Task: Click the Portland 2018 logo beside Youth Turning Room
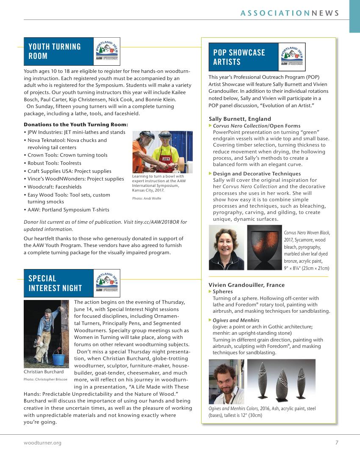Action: tap(107, 51)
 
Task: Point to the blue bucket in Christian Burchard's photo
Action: tap(59, 361)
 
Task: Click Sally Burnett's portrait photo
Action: tap(227, 247)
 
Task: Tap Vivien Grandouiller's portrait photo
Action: tap(226, 382)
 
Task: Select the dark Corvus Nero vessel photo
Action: tap(265, 247)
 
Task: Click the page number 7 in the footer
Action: tap(337, 443)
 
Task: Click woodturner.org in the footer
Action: tap(42, 443)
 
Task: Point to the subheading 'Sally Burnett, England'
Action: tap(240, 119)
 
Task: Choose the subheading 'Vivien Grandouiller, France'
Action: tap(246, 285)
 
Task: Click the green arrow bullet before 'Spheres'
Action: tap(210, 292)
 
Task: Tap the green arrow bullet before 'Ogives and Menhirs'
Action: tap(210, 320)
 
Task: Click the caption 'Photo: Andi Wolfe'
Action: tap(147, 198)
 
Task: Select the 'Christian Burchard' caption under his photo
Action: tap(44, 372)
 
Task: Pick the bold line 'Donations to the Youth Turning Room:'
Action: tap(76, 125)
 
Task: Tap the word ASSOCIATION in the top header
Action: tap(275, 13)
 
